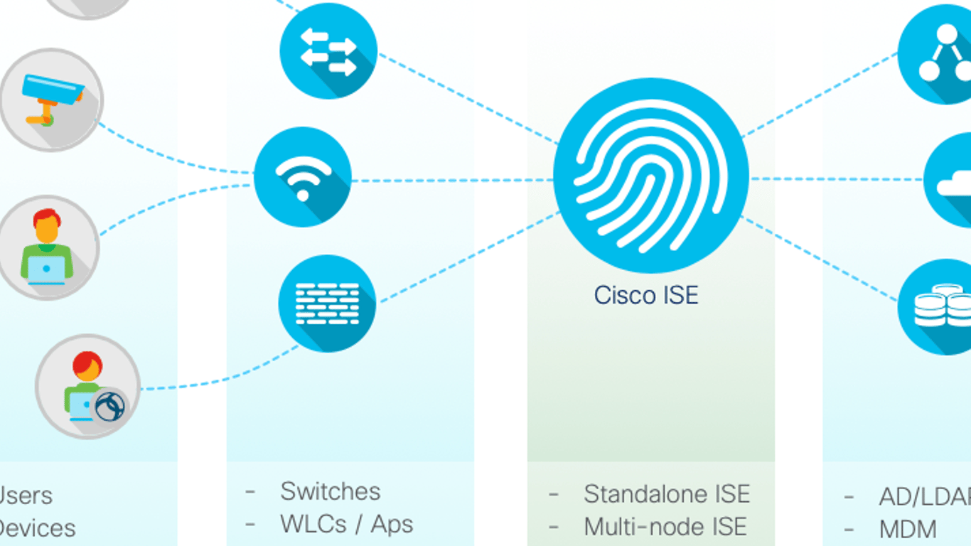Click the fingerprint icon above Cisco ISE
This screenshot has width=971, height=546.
pos(650,176)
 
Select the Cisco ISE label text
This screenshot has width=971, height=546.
pos(646,294)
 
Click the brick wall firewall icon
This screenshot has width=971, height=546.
pos(327,304)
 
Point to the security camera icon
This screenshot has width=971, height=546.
pos(51,100)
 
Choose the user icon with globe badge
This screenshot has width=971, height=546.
pos(87,387)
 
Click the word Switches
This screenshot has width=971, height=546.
pos(331,491)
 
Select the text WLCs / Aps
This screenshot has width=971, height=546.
pos(347,524)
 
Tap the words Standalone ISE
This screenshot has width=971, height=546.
pos(667,494)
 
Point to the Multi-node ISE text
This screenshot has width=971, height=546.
pos(665,527)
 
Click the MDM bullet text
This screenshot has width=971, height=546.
pos(908,530)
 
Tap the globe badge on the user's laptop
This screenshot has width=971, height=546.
pos(110,407)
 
